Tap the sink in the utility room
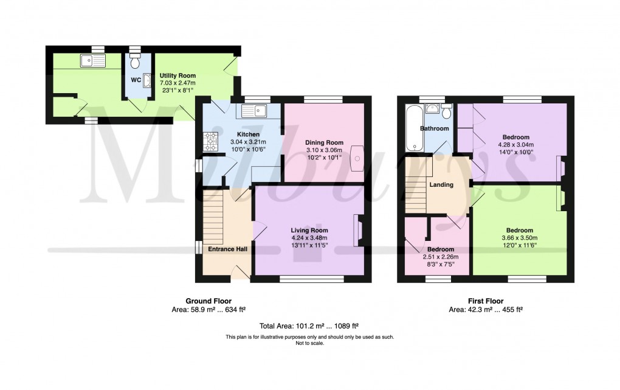coord(93,61)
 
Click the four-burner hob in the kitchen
coord(211,142)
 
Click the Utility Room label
coord(177,75)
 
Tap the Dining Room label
coord(324,142)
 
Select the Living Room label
coord(309,231)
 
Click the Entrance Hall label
coord(228,249)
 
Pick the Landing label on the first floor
coord(441,184)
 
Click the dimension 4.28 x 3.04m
coord(516,145)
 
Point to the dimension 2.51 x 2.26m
coord(441,257)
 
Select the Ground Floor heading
coord(208,301)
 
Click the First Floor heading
coord(486,301)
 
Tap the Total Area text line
coord(309,326)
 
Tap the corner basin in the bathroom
coord(432,108)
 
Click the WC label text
coord(136,80)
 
